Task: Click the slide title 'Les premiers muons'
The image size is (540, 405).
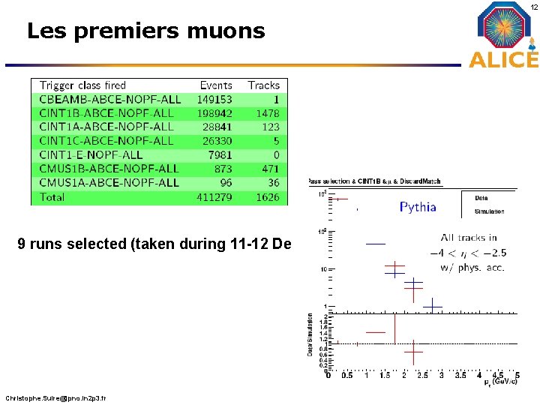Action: pos(145,31)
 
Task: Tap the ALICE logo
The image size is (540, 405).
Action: pos(504,35)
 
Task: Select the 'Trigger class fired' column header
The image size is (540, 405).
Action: pos(82,85)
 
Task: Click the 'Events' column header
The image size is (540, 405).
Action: pos(216,85)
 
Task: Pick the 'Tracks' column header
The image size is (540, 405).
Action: pos(263,85)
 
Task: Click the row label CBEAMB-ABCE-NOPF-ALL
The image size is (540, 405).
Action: pos(109,99)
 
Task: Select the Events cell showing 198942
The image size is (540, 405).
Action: pos(214,113)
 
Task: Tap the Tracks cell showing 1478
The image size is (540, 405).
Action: pos(267,113)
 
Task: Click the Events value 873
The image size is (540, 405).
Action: pos(223,169)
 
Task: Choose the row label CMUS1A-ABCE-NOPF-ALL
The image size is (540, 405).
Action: pos(109,182)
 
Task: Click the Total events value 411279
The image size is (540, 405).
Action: pos(214,197)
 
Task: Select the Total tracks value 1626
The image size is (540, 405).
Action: pos(267,197)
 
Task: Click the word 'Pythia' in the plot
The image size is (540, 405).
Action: pos(418,207)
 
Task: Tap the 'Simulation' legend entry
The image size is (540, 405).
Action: pos(489,211)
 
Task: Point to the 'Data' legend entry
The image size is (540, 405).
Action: pos(481,198)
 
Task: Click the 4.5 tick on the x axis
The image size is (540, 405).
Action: pos(497,375)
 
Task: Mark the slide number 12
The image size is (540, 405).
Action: pos(532,6)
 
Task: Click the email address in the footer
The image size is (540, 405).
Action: pos(55,397)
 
